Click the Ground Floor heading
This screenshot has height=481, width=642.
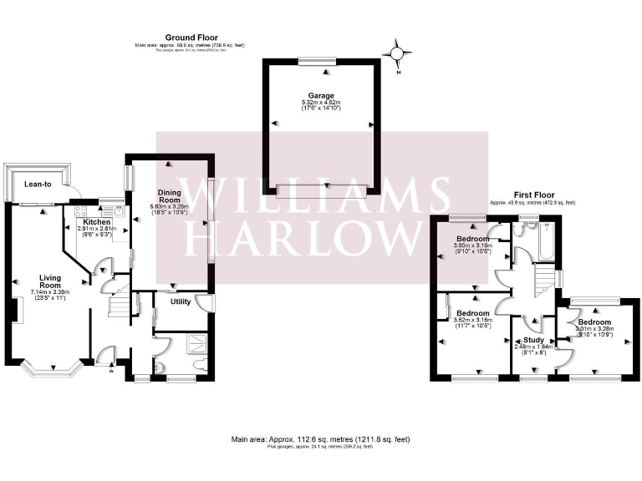click(x=191, y=38)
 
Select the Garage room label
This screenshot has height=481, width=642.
click(x=321, y=96)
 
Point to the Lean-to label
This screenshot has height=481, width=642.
click(x=38, y=184)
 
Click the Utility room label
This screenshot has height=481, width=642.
click(x=181, y=302)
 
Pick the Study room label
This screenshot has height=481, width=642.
click(x=534, y=340)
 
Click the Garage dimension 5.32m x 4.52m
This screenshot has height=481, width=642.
click(x=321, y=103)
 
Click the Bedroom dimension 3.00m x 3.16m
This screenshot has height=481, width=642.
click(x=472, y=246)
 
